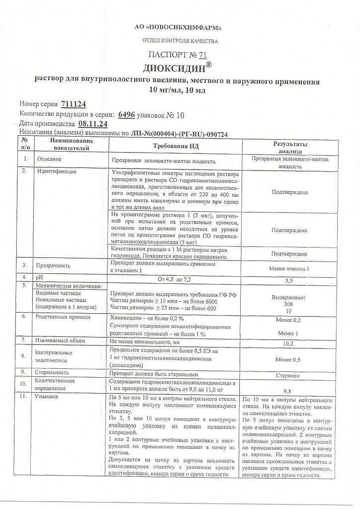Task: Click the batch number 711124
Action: pyautogui.click(x=74, y=104)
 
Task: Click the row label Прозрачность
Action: pyautogui.click(x=55, y=264)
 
